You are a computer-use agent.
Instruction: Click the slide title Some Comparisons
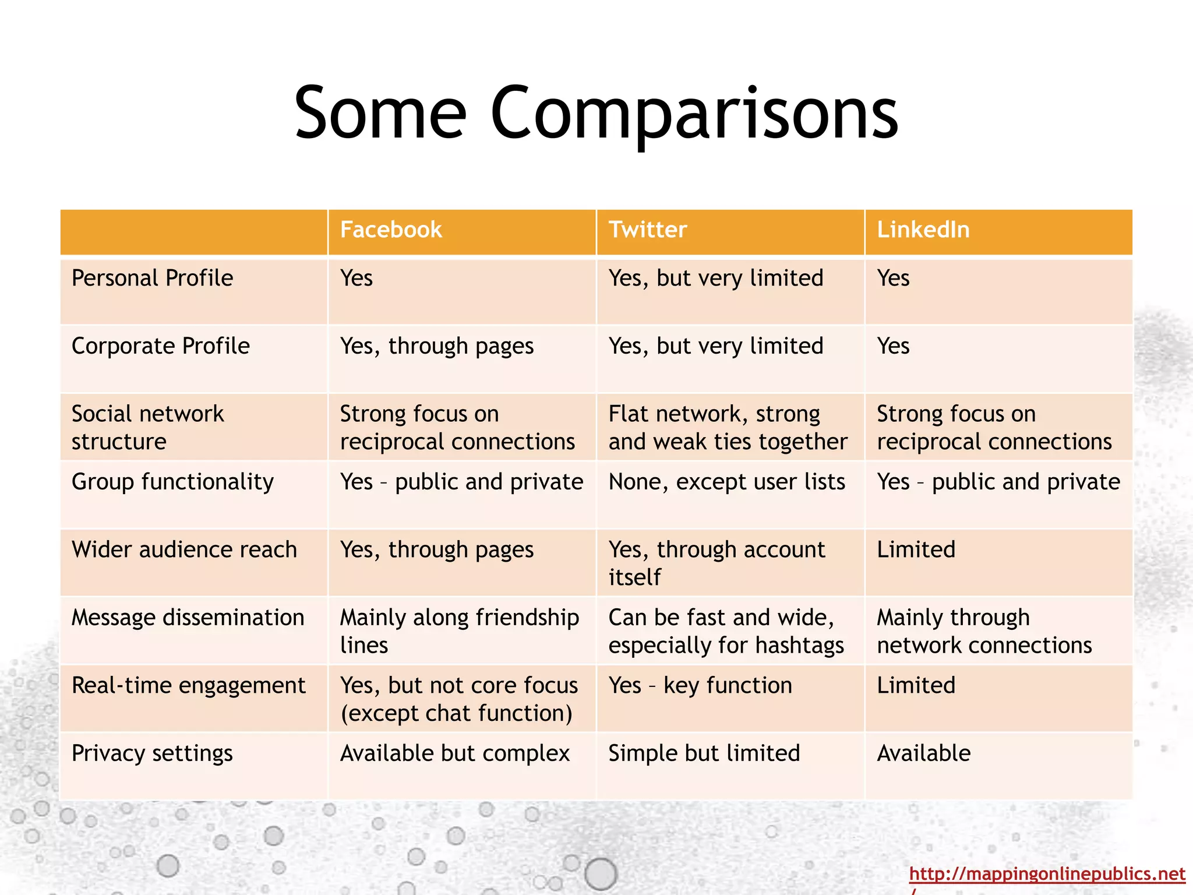[x=596, y=114]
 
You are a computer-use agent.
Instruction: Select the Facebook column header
[x=391, y=230]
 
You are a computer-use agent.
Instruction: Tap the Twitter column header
[x=648, y=230]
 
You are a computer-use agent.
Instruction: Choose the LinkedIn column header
[x=923, y=230]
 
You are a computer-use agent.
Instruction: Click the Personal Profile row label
[x=152, y=278]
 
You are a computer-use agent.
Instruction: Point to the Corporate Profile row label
[x=160, y=346]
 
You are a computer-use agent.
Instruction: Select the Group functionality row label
[x=172, y=482]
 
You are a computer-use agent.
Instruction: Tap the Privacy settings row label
[x=152, y=753]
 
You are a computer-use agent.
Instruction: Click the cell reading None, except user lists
[x=726, y=482]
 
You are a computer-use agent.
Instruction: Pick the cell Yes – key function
[x=700, y=686]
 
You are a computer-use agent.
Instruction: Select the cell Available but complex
[x=454, y=753]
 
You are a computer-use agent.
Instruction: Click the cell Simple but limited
[x=704, y=753]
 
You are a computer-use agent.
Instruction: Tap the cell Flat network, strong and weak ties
[x=727, y=428]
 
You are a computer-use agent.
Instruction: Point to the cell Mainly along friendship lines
[x=459, y=631]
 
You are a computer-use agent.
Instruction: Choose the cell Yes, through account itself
[x=716, y=563]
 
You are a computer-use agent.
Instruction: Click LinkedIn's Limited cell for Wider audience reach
[x=916, y=550]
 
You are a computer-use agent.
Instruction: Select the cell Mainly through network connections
[x=984, y=631]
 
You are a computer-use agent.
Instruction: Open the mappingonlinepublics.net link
[x=1047, y=874]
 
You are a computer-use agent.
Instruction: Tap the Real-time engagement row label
[x=188, y=686]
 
